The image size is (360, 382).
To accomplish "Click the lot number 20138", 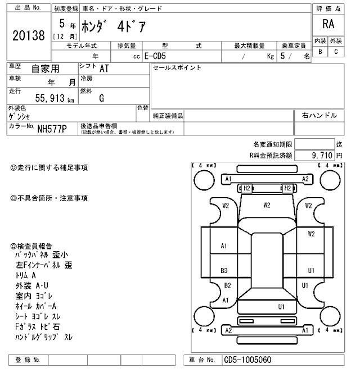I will (28, 37).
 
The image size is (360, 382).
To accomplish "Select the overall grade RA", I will (328, 24).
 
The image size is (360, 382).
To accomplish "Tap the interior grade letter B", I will (320, 52).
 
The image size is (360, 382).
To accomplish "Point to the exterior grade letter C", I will (336, 52).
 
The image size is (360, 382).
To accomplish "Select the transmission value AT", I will (104, 69).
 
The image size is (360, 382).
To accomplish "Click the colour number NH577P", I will (52, 129).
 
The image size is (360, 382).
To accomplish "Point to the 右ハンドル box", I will (319, 115).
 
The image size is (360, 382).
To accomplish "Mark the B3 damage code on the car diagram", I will (224, 271).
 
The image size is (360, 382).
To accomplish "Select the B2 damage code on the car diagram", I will (227, 285).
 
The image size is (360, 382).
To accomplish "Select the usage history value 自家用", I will (44, 69).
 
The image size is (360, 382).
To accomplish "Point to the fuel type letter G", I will (101, 98).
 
